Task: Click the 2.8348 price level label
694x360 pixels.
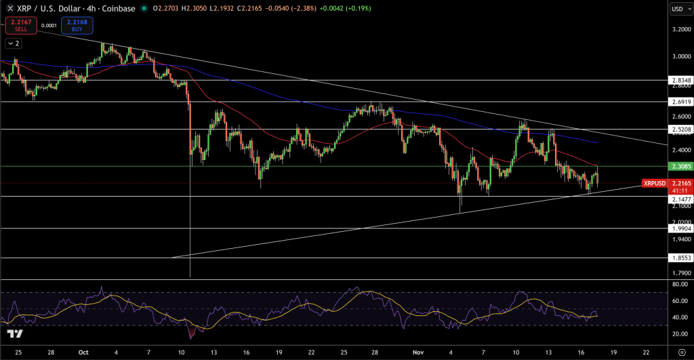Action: [x=680, y=81]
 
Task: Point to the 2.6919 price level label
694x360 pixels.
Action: [x=680, y=102]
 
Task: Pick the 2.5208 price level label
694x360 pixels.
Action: [x=680, y=129]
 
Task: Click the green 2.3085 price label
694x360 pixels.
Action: [x=680, y=166]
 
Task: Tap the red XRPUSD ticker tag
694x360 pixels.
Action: [x=654, y=183]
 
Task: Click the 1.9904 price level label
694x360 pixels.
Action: [x=680, y=229]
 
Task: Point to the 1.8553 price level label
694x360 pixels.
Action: [x=680, y=259]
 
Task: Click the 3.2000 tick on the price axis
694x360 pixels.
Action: [x=680, y=30]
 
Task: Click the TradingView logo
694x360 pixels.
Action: [x=14, y=334]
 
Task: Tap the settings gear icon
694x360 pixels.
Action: [x=680, y=353]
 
